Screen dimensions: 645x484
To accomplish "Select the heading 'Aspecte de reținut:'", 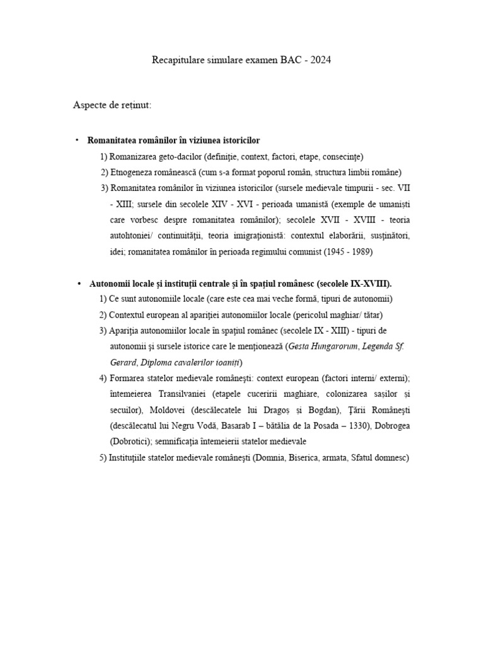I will click(x=112, y=105).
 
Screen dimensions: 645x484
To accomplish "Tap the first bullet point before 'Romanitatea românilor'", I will click(x=77, y=140).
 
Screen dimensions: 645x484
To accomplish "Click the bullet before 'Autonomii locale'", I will click(x=79, y=283).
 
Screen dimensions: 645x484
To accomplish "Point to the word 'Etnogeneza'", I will click(x=132, y=172).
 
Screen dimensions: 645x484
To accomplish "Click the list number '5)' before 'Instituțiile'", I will click(x=103, y=458).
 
